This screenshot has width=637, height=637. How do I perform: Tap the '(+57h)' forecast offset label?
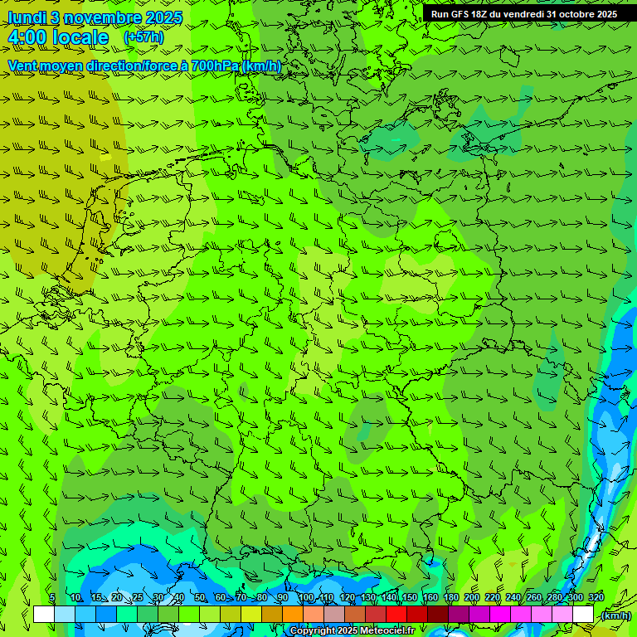click(x=143, y=37)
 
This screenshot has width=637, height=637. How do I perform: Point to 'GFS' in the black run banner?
click(x=461, y=14)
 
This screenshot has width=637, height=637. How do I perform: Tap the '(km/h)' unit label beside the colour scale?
click(x=615, y=615)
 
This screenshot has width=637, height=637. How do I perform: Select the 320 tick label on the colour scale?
click(x=596, y=597)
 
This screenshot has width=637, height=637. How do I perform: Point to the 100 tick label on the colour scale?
click(x=306, y=597)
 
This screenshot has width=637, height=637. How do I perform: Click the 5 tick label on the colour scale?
click(x=52, y=597)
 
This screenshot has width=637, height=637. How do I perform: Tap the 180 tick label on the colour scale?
click(x=451, y=597)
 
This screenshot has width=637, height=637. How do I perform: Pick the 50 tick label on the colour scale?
click(x=199, y=597)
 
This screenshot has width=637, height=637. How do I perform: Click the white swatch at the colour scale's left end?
click(x=44, y=615)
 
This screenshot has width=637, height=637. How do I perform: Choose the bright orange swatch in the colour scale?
click(x=293, y=615)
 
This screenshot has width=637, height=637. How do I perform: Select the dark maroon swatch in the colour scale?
click(x=438, y=615)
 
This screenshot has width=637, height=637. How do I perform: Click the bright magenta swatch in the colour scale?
click(x=500, y=615)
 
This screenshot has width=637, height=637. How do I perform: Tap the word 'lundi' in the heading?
click(x=26, y=17)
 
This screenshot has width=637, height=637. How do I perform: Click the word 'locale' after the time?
click(x=84, y=37)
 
